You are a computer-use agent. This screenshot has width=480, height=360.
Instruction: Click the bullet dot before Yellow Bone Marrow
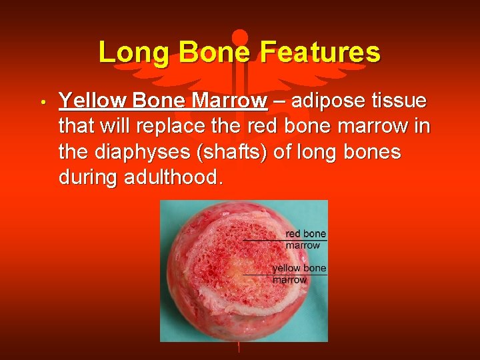pos(41,103)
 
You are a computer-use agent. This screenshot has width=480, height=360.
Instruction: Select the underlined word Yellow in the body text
pos(93,101)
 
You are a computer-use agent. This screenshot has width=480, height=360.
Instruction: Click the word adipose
pos(328,101)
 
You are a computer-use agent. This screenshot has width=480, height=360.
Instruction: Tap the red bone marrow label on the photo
pos(305,239)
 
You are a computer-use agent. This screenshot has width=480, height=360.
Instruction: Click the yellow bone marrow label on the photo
pos(299,274)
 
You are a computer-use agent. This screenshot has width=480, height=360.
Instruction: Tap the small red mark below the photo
pos(239,347)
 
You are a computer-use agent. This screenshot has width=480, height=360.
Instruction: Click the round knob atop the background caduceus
pos(240,35)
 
